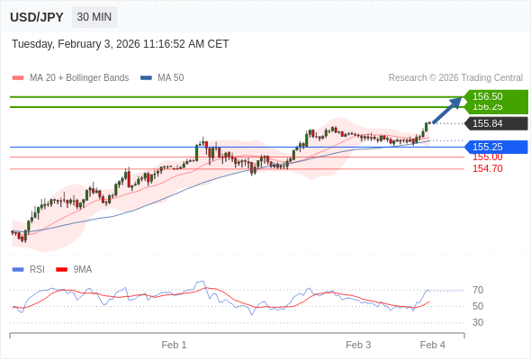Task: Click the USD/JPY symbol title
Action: [x=37, y=17]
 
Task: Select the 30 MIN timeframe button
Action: [x=94, y=17]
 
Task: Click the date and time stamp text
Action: [x=121, y=44]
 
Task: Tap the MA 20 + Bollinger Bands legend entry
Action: [x=78, y=78]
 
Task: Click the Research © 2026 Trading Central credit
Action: [x=455, y=78]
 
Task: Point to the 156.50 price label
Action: [x=488, y=96]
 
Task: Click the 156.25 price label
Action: [x=488, y=107]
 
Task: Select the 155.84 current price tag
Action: [x=488, y=124]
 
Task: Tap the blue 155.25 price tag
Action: [x=488, y=147]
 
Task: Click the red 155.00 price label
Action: [x=487, y=157]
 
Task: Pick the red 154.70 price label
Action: [x=487, y=168]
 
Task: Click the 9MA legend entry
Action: [x=82, y=269]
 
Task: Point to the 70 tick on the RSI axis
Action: [x=478, y=290]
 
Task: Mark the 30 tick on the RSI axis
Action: [x=478, y=322]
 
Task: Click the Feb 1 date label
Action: [x=174, y=345]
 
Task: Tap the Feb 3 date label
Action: [x=358, y=345]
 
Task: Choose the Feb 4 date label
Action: [x=433, y=345]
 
